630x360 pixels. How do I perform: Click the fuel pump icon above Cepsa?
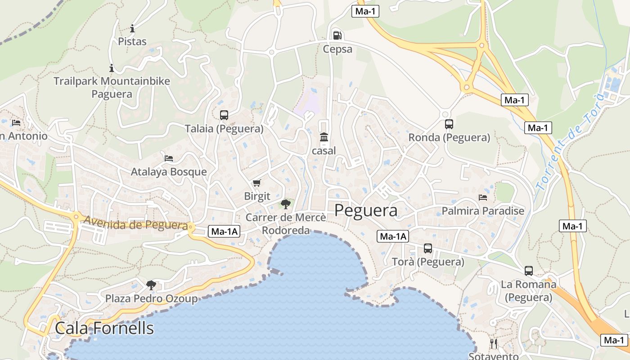click(337, 35)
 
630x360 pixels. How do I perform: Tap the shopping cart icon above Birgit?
click(256, 183)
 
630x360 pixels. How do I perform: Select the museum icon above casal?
click(324, 137)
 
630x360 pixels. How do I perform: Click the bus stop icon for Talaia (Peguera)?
click(224, 115)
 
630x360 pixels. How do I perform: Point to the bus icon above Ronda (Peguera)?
click(449, 124)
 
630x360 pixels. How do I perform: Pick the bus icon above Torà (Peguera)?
click(427, 248)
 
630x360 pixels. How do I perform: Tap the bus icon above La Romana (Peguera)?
click(528, 271)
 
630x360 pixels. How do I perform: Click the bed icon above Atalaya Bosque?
click(169, 158)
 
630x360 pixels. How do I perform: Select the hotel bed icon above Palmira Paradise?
click(483, 198)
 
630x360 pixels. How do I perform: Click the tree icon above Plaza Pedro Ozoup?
click(151, 285)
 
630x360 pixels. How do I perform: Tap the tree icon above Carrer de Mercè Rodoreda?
click(285, 204)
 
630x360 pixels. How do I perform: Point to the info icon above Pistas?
click(132, 29)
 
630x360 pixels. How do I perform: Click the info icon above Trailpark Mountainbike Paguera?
click(112, 68)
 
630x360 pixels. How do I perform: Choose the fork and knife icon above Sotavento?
click(494, 344)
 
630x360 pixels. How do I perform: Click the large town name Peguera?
click(366, 211)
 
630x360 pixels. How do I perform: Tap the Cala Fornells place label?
click(104, 328)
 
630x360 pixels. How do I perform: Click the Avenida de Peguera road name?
click(135, 224)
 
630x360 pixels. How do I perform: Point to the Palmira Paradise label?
click(483, 211)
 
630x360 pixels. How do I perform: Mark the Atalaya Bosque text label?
click(169, 171)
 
